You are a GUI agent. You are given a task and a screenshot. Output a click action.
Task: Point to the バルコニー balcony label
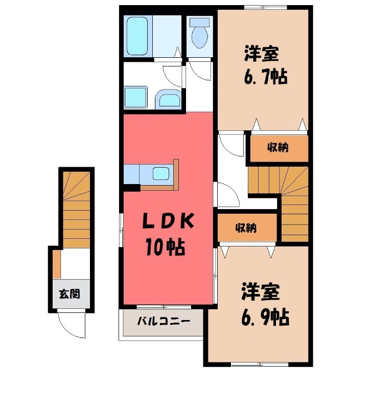click(x=163, y=322)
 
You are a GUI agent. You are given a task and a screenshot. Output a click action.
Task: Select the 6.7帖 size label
click(x=264, y=77)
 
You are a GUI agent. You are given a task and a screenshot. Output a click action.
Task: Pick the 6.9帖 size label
click(x=266, y=317)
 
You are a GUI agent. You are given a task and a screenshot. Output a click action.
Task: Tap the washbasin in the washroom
click(x=169, y=99)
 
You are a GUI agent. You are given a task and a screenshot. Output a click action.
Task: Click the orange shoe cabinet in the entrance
click(x=57, y=262)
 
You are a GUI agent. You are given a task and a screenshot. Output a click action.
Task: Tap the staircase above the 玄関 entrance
click(x=77, y=210)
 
